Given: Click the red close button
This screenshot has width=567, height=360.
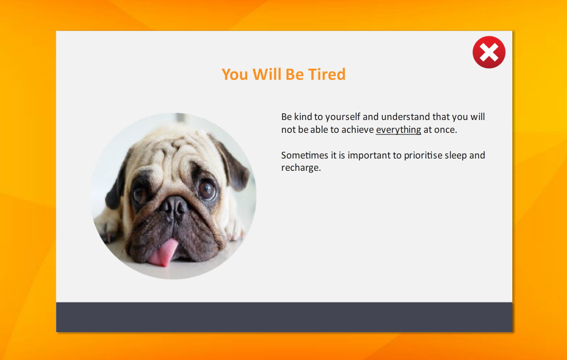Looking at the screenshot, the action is pyautogui.click(x=489, y=52).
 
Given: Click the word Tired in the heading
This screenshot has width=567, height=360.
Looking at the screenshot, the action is pyautogui.click(x=326, y=74).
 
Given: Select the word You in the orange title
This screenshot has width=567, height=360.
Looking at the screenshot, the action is pyautogui.click(x=235, y=74).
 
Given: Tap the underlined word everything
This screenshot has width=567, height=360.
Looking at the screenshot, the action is pyautogui.click(x=398, y=130).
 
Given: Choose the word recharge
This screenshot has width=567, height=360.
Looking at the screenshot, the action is pyautogui.click(x=301, y=168).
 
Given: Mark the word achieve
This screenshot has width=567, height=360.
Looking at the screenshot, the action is pyautogui.click(x=358, y=129).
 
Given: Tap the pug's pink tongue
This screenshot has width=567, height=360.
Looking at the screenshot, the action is pyautogui.click(x=163, y=253).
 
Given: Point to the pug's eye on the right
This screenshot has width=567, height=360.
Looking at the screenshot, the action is pyautogui.click(x=207, y=190).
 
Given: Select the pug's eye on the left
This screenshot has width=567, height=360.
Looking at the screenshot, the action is pyautogui.click(x=140, y=195).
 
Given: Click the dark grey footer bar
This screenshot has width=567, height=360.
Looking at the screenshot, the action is pyautogui.click(x=284, y=317).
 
